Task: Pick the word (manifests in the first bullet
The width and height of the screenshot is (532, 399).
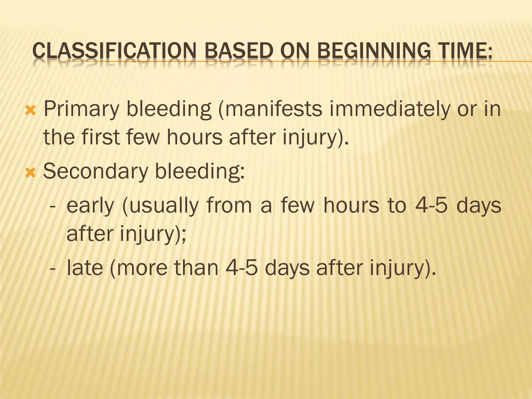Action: click(x=270, y=109)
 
